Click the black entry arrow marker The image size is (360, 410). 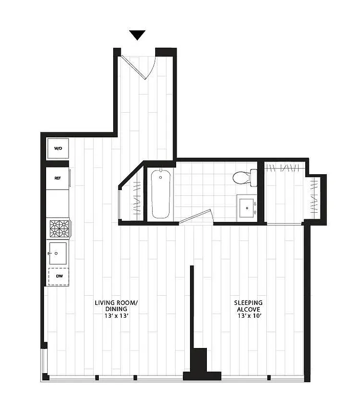tap(137, 35)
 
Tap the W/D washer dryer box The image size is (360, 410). tap(58, 149)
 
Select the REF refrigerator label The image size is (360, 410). tap(58, 178)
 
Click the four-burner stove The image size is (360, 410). tap(59, 228)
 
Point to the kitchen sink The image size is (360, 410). tap(57, 253)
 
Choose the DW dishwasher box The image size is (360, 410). tap(59, 277)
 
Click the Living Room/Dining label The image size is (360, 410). tap(116, 306)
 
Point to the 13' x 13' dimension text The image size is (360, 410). tap(116, 316)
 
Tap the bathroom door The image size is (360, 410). tap(196, 217)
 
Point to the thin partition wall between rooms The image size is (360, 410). tap(192, 307)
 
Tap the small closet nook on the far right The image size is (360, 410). tap(314, 197)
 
